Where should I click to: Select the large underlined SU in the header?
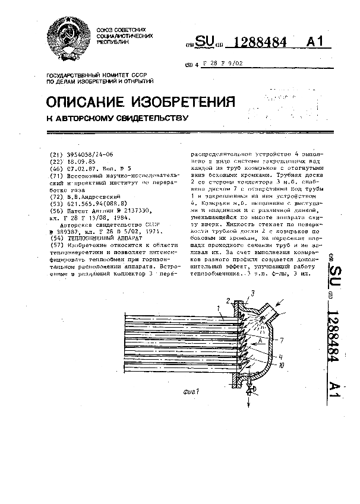pyautogui.click(x=206, y=42)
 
